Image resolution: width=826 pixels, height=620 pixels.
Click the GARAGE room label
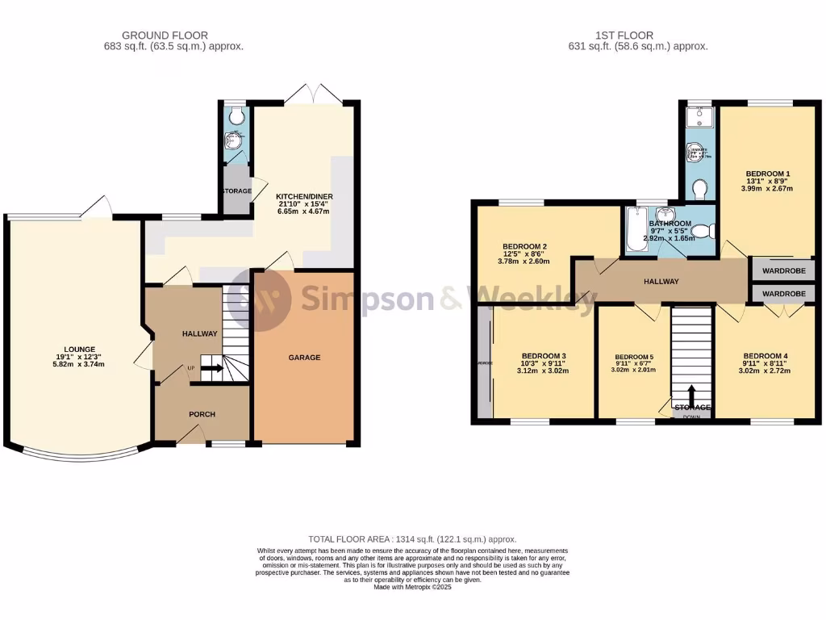pos(304,357)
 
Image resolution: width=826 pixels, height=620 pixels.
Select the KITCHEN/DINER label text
pos(304,197)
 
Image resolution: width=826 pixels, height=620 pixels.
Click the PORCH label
pos(202,414)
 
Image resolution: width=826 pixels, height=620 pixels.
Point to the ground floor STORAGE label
pos(236,191)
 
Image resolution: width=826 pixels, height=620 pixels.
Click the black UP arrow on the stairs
pos(211,368)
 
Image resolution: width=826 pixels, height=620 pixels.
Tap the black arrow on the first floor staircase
pos(692,396)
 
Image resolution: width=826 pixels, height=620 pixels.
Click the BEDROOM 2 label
pos(525,247)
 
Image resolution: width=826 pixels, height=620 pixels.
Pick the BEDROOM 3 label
pos(544,356)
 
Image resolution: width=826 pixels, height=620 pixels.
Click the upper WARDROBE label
pos(782,269)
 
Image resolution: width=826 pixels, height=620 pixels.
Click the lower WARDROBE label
pos(782,293)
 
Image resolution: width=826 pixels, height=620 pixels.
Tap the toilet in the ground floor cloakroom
pos(236,117)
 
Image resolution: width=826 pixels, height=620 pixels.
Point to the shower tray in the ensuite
pos(696,120)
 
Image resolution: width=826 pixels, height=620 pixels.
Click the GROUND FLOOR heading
pos(165,35)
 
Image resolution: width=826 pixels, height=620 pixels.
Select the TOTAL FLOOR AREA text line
pos(412,538)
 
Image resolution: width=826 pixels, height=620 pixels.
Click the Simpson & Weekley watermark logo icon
pos(259,300)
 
